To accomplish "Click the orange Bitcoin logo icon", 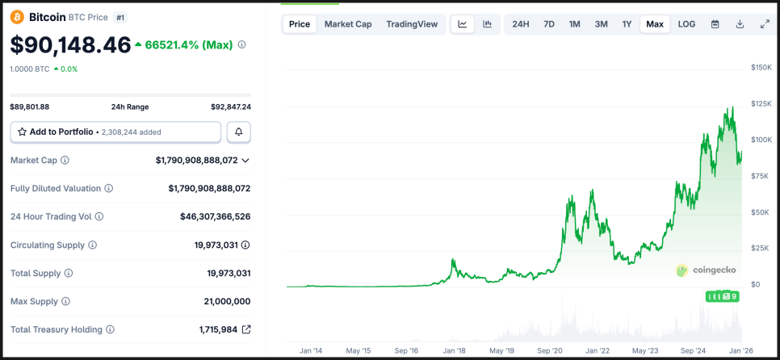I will coord(17,17).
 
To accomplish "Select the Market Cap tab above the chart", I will coord(348,24).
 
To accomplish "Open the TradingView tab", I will coord(412,24).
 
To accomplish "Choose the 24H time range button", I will coord(521,24).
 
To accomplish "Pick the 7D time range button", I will coord(549,24).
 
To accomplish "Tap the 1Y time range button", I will coord(627,24).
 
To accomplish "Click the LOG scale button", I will coord(686,24).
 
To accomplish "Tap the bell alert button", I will coord(238,132).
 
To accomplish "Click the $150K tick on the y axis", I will coord(761,67).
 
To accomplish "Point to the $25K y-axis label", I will coord(760,248).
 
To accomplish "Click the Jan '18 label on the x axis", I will coord(455,351).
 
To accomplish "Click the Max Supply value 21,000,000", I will coord(227,301).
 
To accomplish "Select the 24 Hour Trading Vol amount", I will coord(215,216).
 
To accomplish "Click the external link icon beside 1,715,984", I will coord(246,329).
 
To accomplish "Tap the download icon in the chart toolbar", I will coord(740,24).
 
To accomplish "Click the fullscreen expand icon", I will coord(765,24).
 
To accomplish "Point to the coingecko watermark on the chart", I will coord(706,270).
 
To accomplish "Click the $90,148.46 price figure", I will coord(70,45).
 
